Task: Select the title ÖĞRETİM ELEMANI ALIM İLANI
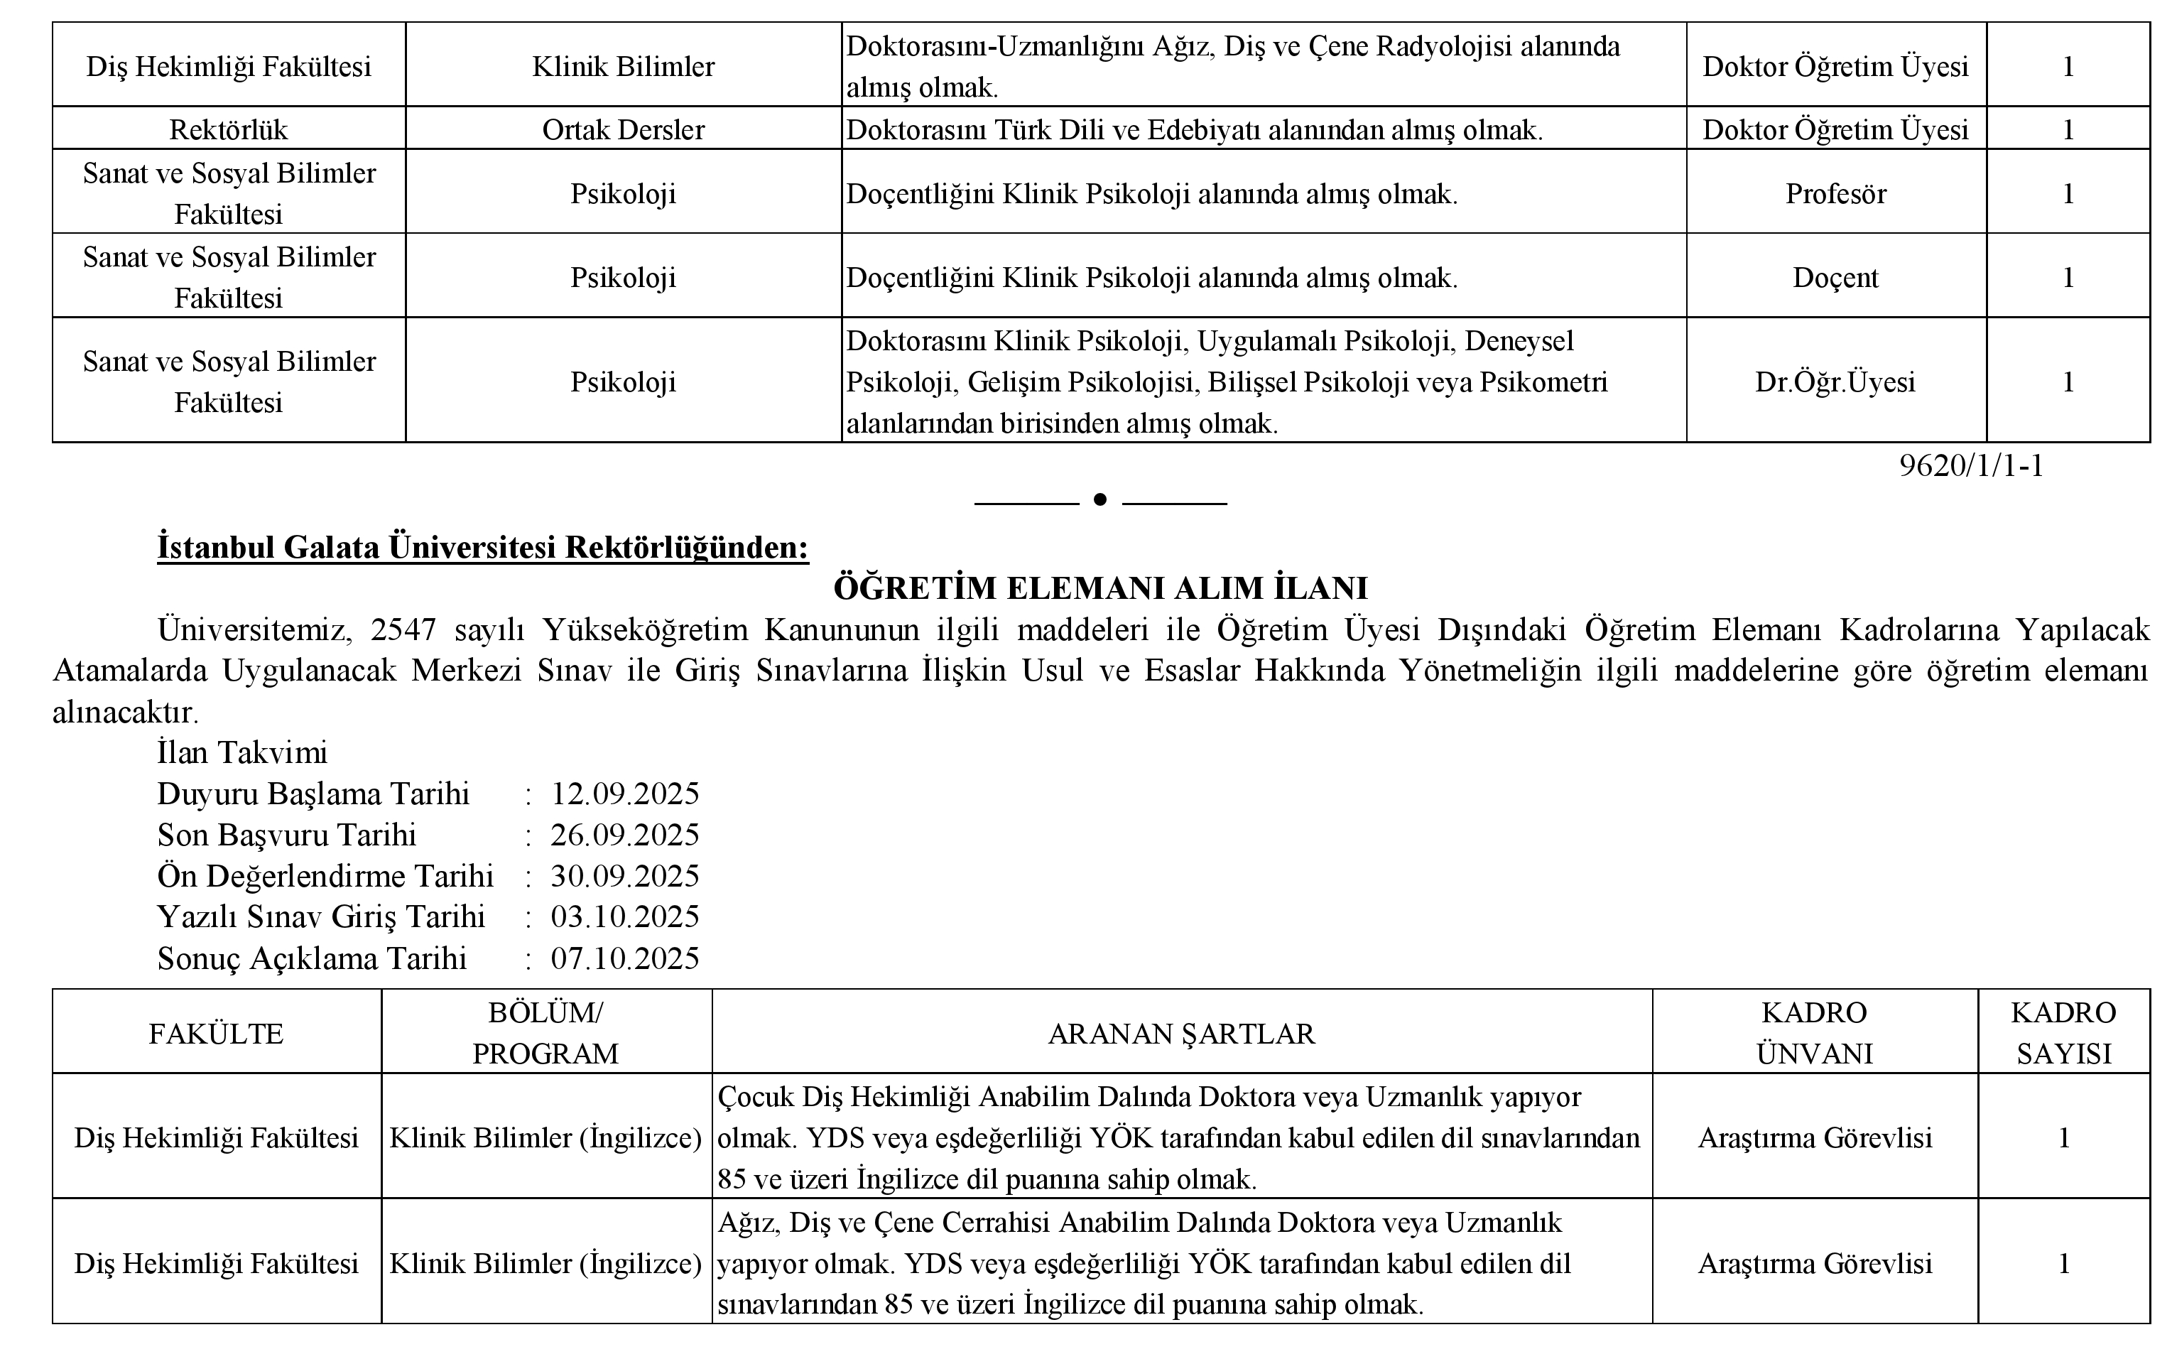1100,588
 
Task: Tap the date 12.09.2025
625,794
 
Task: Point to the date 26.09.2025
625,835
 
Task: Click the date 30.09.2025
625,876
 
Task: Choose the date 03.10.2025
625,916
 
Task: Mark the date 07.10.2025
625,958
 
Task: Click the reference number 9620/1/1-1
1971,465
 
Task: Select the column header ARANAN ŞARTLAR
1182,1034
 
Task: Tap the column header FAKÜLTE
217,1034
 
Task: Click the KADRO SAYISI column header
2064,1033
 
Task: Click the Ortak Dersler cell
624,130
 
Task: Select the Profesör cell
1835,194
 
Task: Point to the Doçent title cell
1835,278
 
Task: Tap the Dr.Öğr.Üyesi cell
1835,381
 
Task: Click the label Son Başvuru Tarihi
287,835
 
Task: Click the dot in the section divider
1099,499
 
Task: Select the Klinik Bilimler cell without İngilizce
624,67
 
